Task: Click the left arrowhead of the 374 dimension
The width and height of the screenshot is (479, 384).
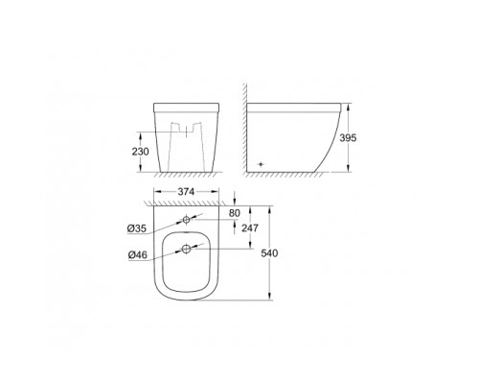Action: [150, 201]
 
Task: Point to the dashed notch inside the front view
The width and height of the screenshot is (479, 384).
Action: [184, 128]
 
